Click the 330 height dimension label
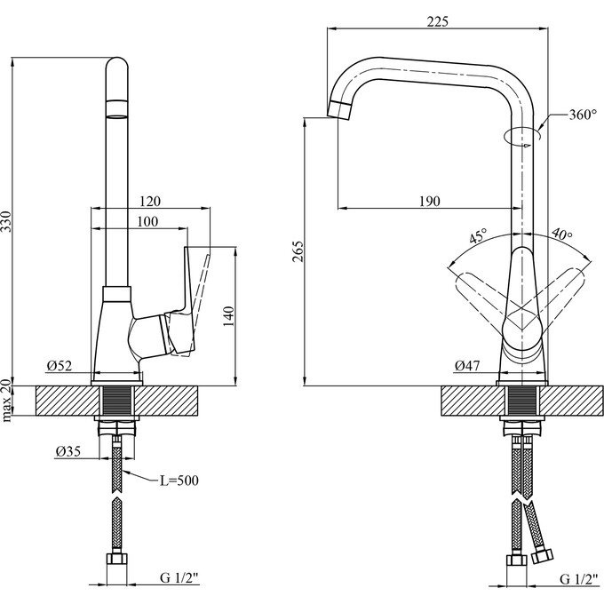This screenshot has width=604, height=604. coord(7,221)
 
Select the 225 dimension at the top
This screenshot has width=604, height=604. coord(438,21)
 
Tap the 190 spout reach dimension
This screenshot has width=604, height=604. coord(429,201)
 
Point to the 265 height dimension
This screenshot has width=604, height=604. coord(298,251)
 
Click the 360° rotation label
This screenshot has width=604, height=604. coord(583,115)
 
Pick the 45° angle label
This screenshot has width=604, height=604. coord(478,235)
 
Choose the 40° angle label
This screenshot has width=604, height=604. coord(562,234)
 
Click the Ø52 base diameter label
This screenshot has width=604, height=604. coord(60,365)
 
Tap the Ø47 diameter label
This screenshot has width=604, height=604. coord(467,365)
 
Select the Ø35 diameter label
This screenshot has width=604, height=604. coord(68,450)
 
